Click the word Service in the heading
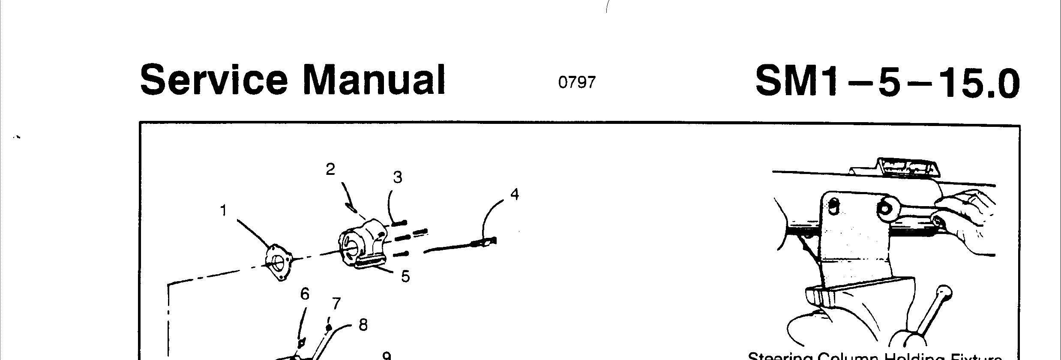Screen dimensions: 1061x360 click(213, 80)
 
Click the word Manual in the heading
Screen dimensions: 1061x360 click(374, 80)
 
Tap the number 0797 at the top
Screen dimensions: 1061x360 click(577, 82)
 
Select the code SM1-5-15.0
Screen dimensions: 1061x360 click(887, 82)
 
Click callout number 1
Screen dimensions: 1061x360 click(223, 210)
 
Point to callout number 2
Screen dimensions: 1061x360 click(330, 170)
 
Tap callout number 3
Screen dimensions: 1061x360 click(398, 177)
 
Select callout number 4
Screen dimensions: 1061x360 click(515, 195)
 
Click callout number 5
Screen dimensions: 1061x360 click(405, 276)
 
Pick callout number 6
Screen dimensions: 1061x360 click(305, 294)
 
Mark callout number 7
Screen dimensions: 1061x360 click(336, 304)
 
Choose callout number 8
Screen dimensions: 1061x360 click(363, 325)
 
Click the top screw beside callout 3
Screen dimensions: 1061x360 click(399, 223)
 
